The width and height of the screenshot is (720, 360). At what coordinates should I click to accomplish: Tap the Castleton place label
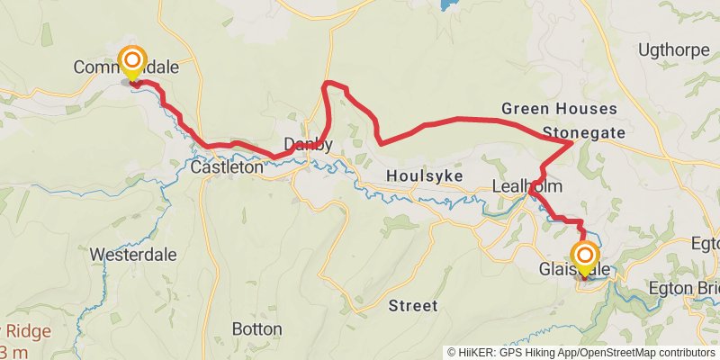[228, 166]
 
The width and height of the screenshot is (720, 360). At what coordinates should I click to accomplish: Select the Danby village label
[308, 144]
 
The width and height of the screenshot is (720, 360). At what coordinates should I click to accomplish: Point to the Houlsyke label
[417, 176]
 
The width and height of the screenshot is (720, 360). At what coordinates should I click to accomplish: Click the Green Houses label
[559, 109]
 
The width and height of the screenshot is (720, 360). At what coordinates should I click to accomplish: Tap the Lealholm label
[527, 186]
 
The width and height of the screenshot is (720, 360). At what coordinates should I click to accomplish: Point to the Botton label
[256, 328]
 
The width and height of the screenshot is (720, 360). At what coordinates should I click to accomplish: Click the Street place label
[413, 306]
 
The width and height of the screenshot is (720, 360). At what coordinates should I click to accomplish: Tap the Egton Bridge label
[684, 289]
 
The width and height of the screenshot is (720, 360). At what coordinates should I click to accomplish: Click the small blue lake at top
[448, 4]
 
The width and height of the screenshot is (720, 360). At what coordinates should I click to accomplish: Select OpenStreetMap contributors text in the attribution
[646, 352]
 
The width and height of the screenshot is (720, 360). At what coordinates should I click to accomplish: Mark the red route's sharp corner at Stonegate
[572, 142]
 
